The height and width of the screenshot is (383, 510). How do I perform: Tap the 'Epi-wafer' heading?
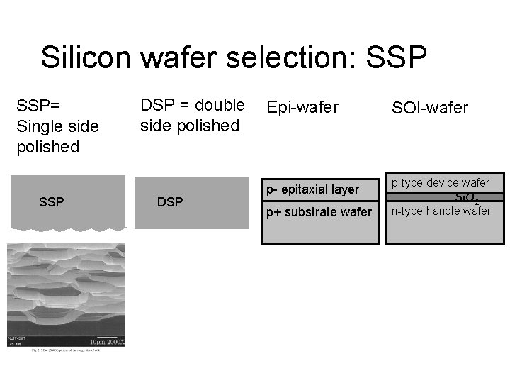[x=302, y=108]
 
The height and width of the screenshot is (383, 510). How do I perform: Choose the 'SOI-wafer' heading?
[x=430, y=108]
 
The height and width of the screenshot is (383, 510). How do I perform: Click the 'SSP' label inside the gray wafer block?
[x=52, y=202]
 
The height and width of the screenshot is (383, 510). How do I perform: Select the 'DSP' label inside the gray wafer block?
[x=169, y=202]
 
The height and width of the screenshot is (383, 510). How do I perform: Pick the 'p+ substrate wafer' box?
[x=318, y=212]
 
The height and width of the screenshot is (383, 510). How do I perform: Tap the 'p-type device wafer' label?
[x=440, y=183]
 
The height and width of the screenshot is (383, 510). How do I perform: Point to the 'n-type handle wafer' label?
[x=441, y=211]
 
